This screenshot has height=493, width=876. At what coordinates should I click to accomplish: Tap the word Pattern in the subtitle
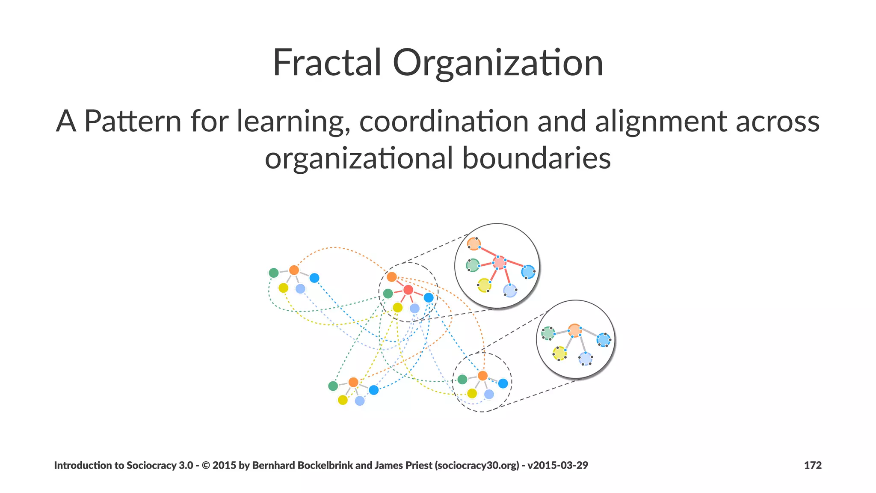tap(133, 121)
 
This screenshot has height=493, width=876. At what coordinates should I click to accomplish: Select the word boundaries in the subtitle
tap(536, 158)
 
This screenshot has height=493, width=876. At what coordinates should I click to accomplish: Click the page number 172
tap(813, 465)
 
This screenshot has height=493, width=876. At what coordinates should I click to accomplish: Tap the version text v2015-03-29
tap(558, 465)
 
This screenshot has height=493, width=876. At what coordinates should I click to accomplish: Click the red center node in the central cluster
tap(408, 290)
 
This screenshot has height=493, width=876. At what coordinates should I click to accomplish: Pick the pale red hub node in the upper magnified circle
tap(499, 262)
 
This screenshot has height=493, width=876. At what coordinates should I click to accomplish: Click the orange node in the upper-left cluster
tap(294, 270)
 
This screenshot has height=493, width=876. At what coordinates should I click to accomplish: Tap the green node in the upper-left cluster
tap(274, 273)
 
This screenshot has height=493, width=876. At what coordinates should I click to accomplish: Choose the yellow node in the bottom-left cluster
tap(343, 400)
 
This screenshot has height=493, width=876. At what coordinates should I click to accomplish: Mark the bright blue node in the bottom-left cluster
tap(373, 390)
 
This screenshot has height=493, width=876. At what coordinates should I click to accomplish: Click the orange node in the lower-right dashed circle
tap(482, 375)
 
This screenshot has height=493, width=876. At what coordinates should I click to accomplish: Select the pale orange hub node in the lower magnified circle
tap(574, 330)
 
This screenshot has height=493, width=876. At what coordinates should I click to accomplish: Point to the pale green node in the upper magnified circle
tap(473, 265)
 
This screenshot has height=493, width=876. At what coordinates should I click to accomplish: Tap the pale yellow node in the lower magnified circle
tap(559, 353)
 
